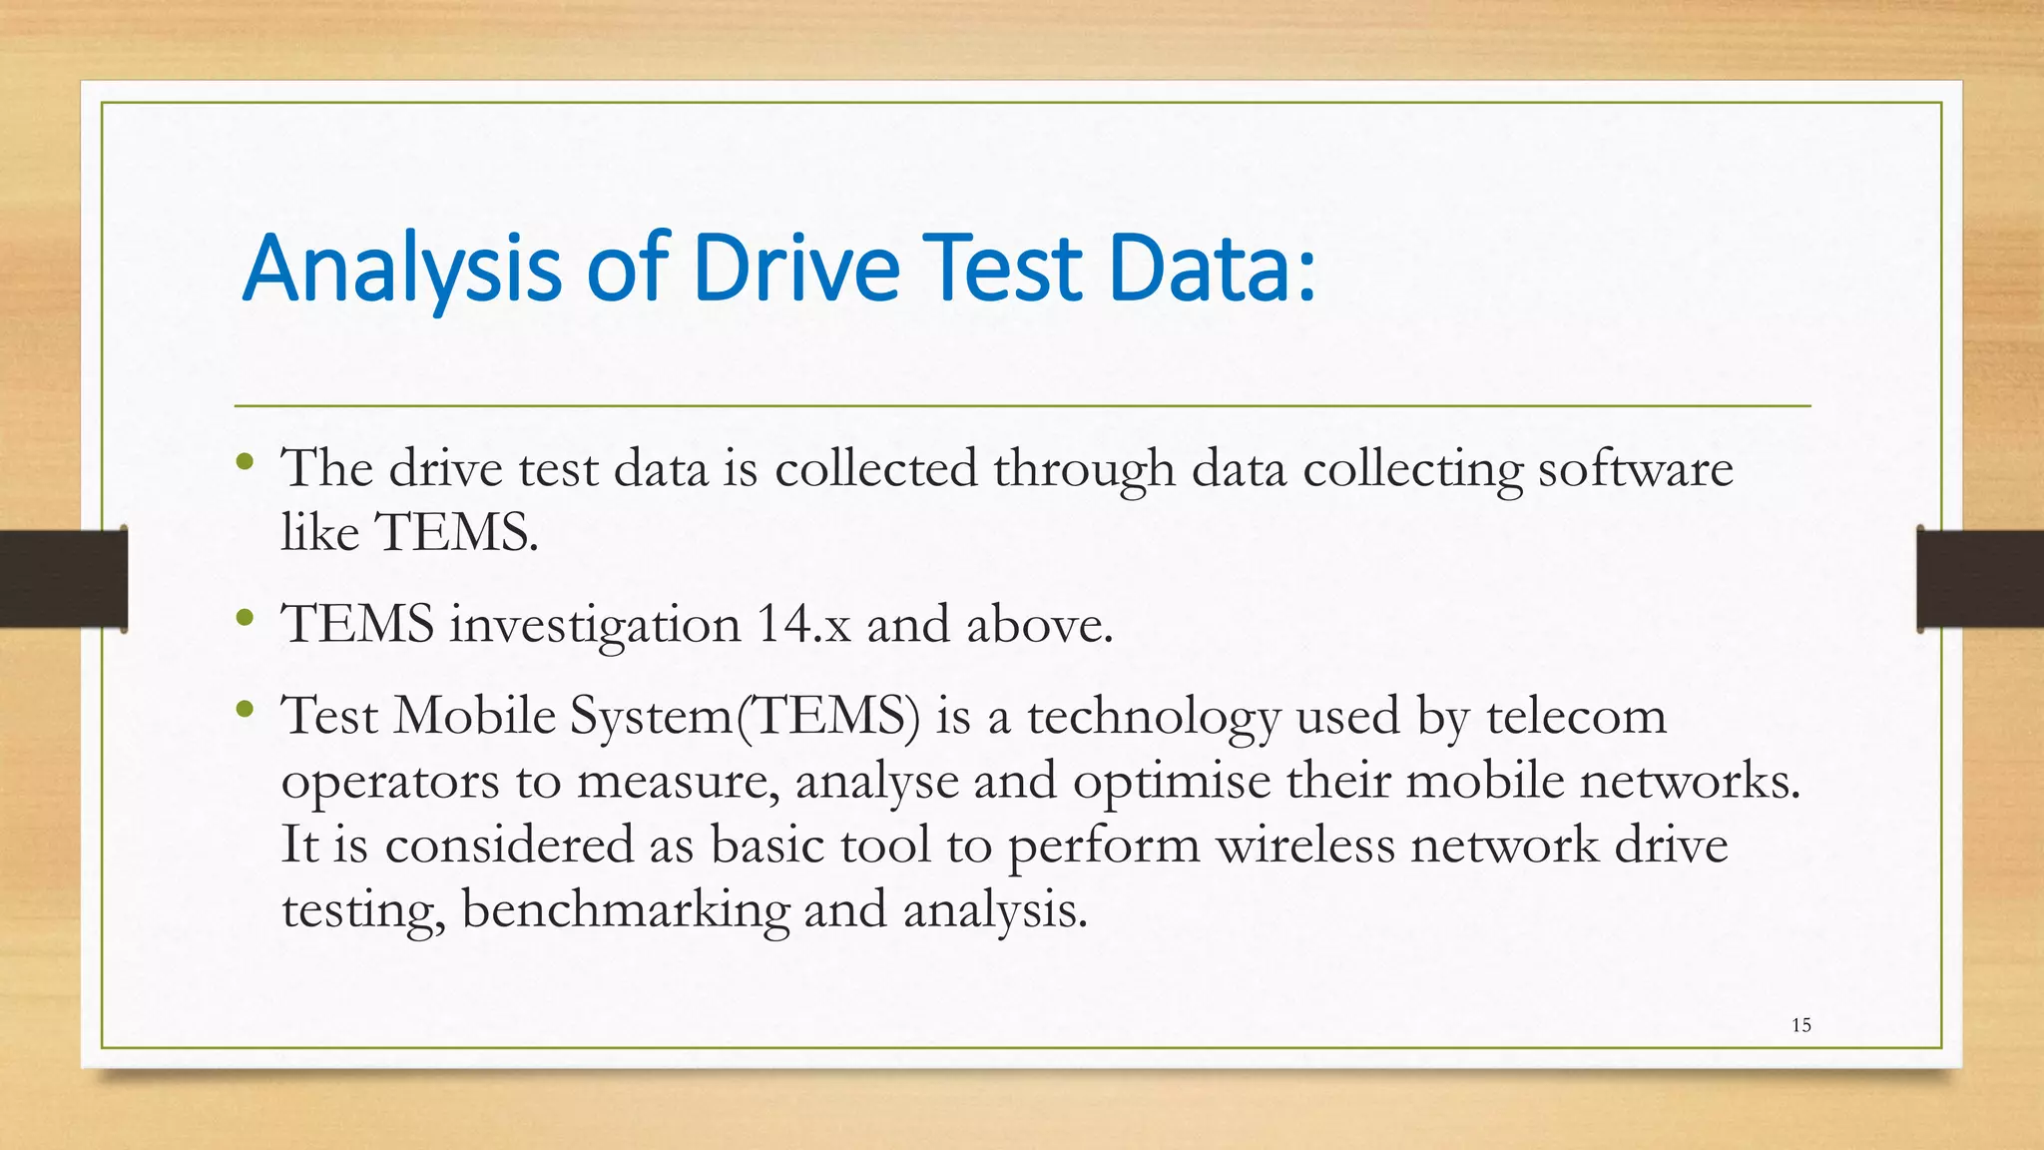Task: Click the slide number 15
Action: pyautogui.click(x=1800, y=1025)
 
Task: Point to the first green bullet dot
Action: pyautogui.click(x=246, y=462)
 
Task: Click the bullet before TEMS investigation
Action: pyautogui.click(x=246, y=618)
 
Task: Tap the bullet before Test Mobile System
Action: pyautogui.click(x=246, y=710)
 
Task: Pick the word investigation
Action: pyautogui.click(x=595, y=627)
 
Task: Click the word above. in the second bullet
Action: pyautogui.click(x=1039, y=625)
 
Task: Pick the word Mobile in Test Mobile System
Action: pyautogui.click(x=474, y=717)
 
